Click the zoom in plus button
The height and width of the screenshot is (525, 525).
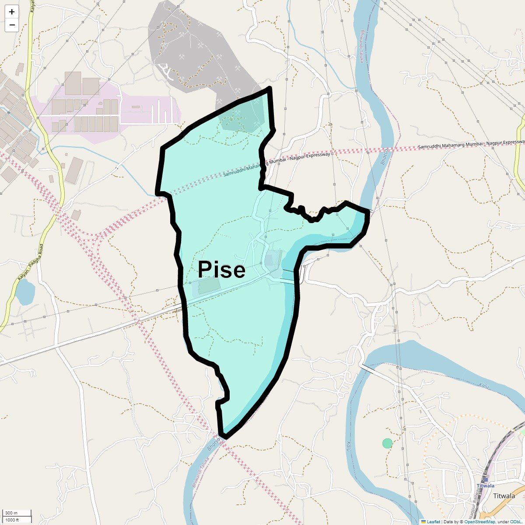(12, 12)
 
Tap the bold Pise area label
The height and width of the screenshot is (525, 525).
(221, 269)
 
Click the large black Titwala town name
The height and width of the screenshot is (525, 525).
(504, 496)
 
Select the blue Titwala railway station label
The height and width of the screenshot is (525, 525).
(485, 486)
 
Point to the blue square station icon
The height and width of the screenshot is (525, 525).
(485, 479)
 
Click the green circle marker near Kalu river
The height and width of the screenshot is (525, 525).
(387, 443)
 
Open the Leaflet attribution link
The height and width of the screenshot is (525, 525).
(433, 521)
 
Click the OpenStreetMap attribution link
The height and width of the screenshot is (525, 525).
(479, 521)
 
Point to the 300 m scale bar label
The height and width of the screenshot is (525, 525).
(12, 513)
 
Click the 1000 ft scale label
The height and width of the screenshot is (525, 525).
(12, 520)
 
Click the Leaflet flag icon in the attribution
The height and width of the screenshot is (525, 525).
(423, 521)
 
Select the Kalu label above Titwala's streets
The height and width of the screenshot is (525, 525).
(483, 385)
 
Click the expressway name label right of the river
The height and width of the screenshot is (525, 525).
(470, 144)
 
